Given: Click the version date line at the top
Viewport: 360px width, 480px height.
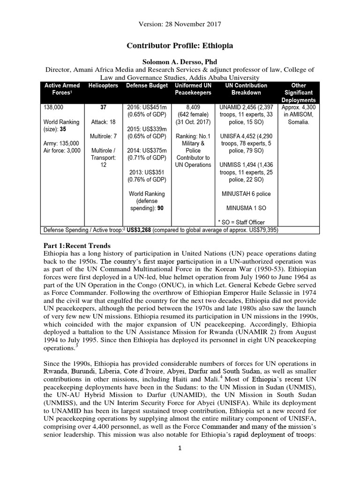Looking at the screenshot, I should point(180,23).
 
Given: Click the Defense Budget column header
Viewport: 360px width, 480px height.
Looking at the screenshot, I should point(146,86).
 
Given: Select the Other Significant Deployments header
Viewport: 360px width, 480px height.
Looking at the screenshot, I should point(299,93).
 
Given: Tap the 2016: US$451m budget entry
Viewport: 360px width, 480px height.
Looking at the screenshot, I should point(146,107).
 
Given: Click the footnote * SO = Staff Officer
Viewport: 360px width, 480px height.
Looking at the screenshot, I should point(242,222).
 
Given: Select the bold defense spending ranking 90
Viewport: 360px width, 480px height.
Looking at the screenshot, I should point(159,208).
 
